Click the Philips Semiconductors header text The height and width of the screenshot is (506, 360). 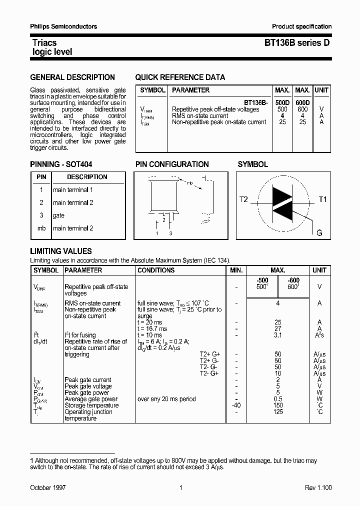coord(63,26)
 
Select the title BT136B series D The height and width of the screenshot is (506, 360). coord(297,43)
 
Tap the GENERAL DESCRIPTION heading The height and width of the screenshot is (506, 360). coord(72,77)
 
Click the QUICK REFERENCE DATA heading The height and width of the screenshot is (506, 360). coord(180,77)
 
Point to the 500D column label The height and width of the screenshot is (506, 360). coord(282,102)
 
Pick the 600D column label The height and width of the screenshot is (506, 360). coord(302,102)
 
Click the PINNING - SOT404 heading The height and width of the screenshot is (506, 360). coord(61,164)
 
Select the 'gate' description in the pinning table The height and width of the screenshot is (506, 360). coord(58,215)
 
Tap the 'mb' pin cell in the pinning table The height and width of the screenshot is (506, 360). coord(41,228)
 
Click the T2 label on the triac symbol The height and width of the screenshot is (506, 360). coord(243,199)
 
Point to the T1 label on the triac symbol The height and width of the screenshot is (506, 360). coord(322,199)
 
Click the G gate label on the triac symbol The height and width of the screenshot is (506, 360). coord(319,233)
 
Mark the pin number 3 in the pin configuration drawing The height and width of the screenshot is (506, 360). coord(170,233)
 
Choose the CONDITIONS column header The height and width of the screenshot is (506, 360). coord(156,270)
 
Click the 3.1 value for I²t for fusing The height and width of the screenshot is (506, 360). coord(278,335)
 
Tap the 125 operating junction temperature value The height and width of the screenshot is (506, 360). coord(278,412)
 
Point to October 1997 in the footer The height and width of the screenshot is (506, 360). coord(48,487)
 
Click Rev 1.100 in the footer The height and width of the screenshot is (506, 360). coord(318,487)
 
